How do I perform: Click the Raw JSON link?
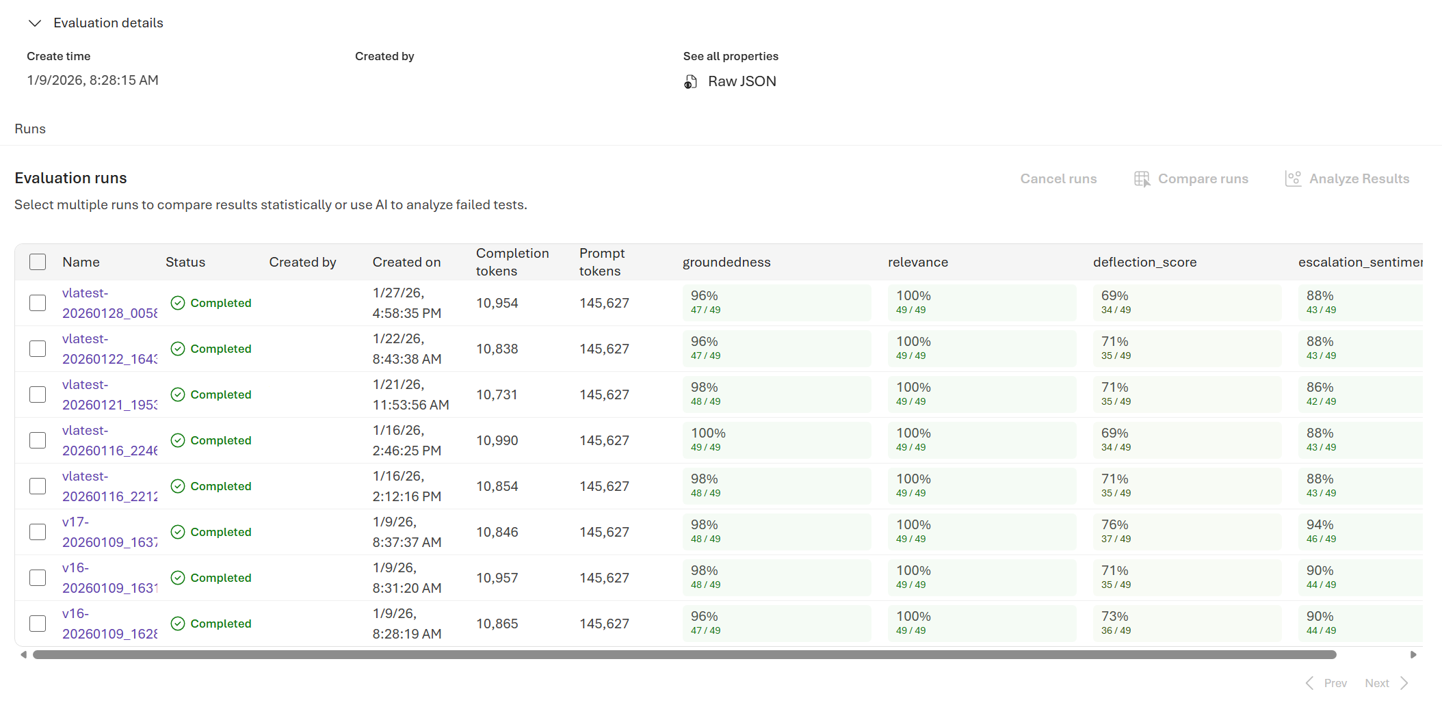pos(741,81)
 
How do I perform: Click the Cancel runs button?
pos(1058,178)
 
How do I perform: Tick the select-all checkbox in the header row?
pos(38,262)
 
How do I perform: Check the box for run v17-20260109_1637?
pos(38,532)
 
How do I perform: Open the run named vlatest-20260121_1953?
pos(109,394)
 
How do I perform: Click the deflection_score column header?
pos(1144,262)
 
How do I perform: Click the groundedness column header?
pos(726,262)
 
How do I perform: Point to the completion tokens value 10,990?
pos(497,440)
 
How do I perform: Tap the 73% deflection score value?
pos(1115,616)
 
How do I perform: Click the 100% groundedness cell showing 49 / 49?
pos(776,440)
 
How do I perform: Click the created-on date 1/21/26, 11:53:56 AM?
pos(410,394)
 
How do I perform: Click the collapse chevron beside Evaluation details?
pos(35,23)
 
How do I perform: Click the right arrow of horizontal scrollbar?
pos(1413,655)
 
